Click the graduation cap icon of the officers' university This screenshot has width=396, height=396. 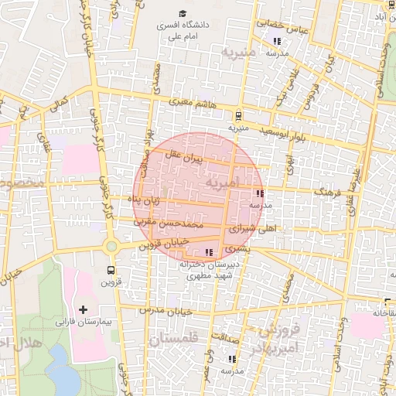[x=183, y=13]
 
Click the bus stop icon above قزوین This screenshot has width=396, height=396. [x=111, y=271]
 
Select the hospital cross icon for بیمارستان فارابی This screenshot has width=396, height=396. [x=84, y=309]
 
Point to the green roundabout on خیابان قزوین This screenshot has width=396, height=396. [x=111, y=247]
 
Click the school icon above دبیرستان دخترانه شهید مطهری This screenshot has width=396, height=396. [x=208, y=252]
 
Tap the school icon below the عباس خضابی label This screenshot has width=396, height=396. [x=277, y=41]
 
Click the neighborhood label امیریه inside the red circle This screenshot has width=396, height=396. [x=224, y=185]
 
